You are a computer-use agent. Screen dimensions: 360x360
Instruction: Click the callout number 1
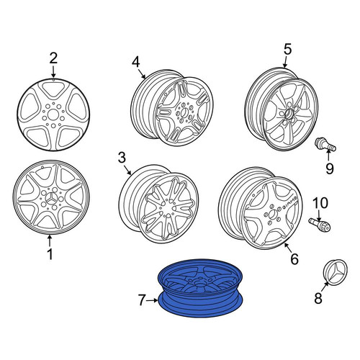point(50,254)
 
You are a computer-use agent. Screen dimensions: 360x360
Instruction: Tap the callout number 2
point(53,58)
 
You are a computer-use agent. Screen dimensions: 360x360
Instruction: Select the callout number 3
point(122,158)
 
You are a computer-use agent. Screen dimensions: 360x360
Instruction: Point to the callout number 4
point(135,63)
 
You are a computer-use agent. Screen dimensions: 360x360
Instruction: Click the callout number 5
point(287,49)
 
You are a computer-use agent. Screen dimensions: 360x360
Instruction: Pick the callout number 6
point(294,259)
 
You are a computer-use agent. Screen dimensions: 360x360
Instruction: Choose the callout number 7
point(142,300)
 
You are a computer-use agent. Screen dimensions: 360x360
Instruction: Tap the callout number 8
point(318,299)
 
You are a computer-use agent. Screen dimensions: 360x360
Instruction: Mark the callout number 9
point(330,168)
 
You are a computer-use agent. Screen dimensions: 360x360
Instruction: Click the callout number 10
point(320,203)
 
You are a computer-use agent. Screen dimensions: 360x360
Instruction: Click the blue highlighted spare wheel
point(200,288)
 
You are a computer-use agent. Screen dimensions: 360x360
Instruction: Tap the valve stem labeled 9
point(325,145)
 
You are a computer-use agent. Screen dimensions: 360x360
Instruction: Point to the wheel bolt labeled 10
point(320,225)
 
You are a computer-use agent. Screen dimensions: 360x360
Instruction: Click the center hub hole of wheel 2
point(53,114)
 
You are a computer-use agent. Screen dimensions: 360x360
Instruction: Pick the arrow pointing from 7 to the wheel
point(153,300)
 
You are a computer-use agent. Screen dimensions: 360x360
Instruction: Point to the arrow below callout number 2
point(53,72)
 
